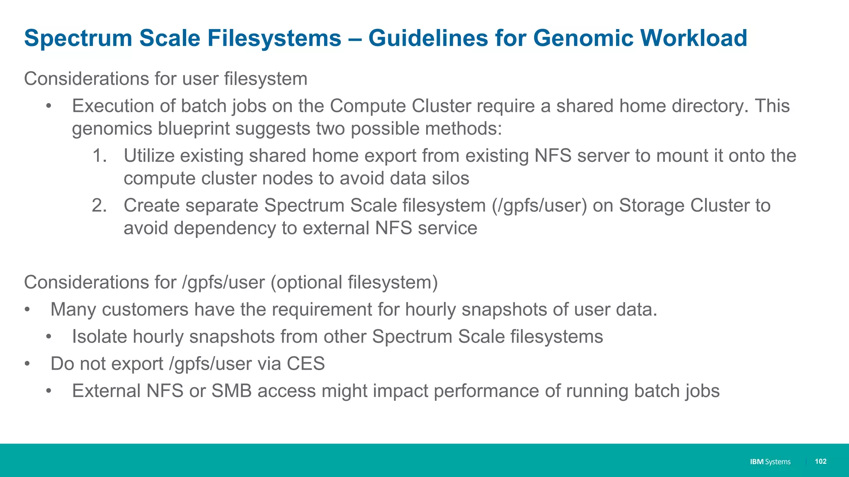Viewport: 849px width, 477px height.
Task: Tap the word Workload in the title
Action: [x=694, y=38]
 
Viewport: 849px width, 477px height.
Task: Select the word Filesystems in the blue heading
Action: [x=274, y=38]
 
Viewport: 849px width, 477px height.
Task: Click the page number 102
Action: [x=820, y=461]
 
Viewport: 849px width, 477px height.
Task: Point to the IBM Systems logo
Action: [x=770, y=462]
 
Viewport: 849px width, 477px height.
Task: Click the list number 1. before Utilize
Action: [x=99, y=156]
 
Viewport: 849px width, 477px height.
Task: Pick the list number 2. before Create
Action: [x=99, y=206]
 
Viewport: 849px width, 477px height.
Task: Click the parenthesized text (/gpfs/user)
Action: [x=539, y=206]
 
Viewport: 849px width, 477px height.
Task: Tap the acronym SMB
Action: [x=231, y=391]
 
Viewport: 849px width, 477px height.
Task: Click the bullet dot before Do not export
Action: [x=27, y=364]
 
